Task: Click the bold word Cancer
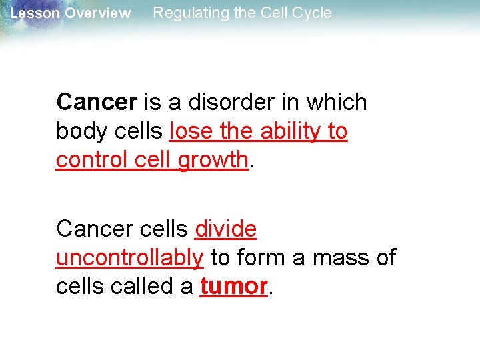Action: pyautogui.click(x=97, y=103)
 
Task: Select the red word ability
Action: pyautogui.click(x=291, y=131)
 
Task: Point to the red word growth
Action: pyautogui.click(x=213, y=160)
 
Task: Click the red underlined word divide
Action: pyautogui.click(x=225, y=229)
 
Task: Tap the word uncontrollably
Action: pyautogui.click(x=129, y=257)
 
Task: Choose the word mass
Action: pyautogui.click(x=339, y=257)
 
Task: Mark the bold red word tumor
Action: pyautogui.click(x=233, y=286)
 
